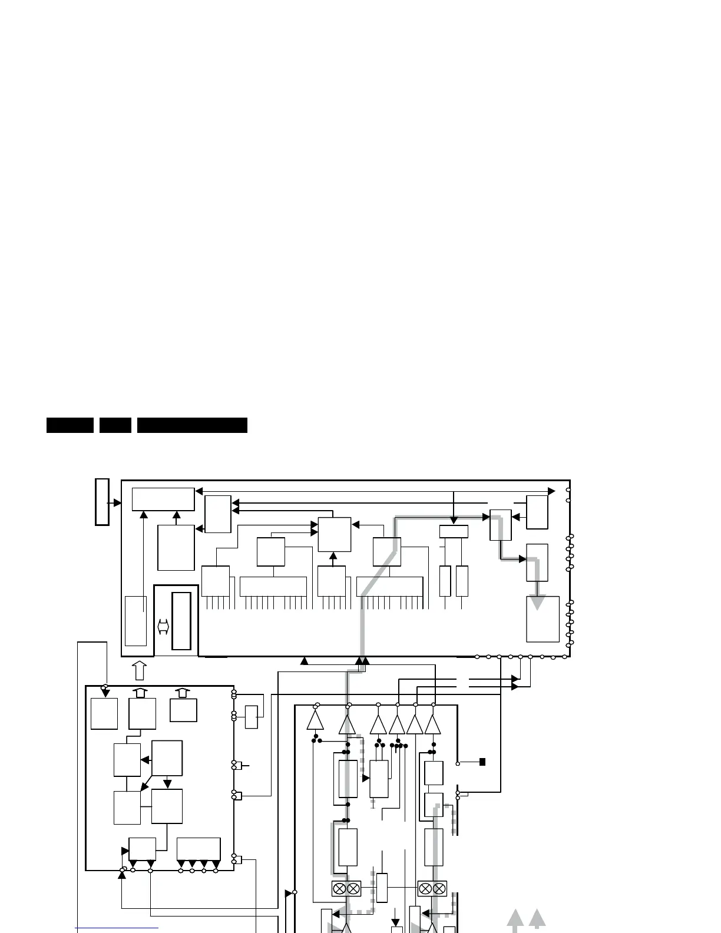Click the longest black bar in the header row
pyautogui.click(x=192, y=425)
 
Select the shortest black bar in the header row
pyautogui.click(x=115, y=425)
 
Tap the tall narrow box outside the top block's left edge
pyautogui.click(x=102, y=502)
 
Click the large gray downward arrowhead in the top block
pyautogui.click(x=537, y=602)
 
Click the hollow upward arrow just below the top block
pyautogui.click(x=140, y=671)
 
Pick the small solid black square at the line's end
pyautogui.click(x=482, y=762)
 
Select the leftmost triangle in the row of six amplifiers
pyautogui.click(x=315, y=722)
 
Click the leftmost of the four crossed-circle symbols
pyautogui.click(x=339, y=888)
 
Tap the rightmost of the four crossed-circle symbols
pyautogui.click(x=439, y=888)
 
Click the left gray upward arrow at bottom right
pyautogui.click(x=515, y=920)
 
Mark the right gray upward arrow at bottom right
pyautogui.click(x=537, y=920)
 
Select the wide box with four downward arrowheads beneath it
pyautogui.click(x=199, y=849)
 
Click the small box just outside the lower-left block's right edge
pyautogui.click(x=252, y=716)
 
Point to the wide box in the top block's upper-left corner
pyautogui.click(x=163, y=499)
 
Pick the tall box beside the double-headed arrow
pyautogui.click(x=181, y=621)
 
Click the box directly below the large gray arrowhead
pyautogui.click(x=543, y=619)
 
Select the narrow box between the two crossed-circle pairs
pyautogui.click(x=382, y=888)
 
